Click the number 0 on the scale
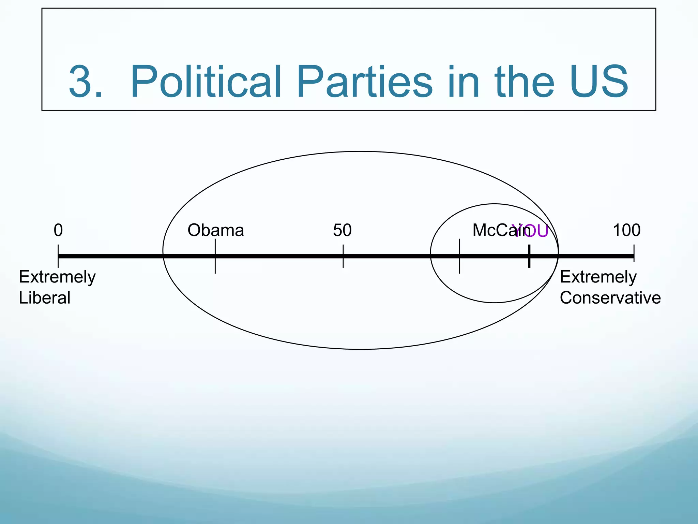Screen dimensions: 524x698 tap(58, 230)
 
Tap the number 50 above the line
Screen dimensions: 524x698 tap(342, 230)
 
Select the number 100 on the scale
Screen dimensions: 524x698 tap(626, 230)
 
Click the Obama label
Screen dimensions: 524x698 tap(216, 230)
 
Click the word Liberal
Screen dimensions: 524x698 tap(45, 298)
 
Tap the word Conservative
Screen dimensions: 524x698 tap(610, 298)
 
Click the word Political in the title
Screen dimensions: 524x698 tap(206, 82)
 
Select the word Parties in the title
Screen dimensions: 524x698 tap(364, 82)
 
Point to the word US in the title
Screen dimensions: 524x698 tap(598, 82)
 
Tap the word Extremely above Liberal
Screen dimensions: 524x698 tap(57, 277)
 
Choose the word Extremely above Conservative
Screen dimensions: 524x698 tap(598, 277)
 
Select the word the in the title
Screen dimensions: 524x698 tap(523, 82)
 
